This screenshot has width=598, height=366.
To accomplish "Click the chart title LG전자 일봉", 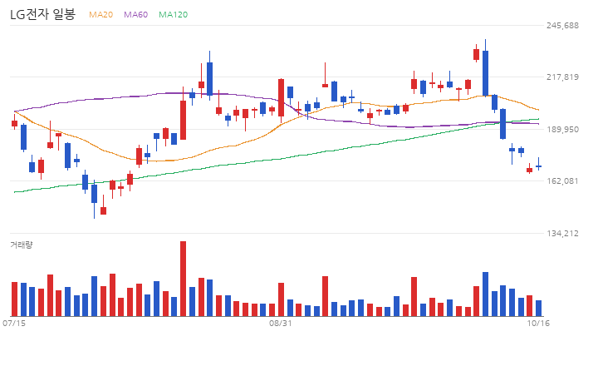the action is click(x=42, y=14).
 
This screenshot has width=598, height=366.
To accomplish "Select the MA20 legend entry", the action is click(x=101, y=14).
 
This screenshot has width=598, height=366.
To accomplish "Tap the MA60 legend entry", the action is click(x=135, y=14).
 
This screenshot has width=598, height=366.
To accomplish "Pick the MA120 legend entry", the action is click(x=173, y=14).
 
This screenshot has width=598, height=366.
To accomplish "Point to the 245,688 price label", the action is click(x=562, y=26).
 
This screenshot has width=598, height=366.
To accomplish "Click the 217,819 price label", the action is click(x=562, y=77).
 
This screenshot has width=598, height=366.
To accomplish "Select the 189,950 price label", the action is click(x=562, y=130).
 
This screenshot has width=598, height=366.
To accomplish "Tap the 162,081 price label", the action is click(x=562, y=181).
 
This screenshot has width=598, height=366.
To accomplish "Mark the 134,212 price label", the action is click(x=562, y=233).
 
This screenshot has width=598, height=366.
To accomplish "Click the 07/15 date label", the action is click(x=14, y=324).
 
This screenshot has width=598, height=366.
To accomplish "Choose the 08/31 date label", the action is click(x=281, y=324).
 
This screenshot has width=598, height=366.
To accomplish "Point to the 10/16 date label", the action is click(x=538, y=324).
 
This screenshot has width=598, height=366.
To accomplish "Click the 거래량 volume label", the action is click(x=22, y=245).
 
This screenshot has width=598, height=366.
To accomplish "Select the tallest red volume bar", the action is click(x=183, y=279).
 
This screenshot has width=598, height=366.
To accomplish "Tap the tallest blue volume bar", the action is click(x=486, y=294).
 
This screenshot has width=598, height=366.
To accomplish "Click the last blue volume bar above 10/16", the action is click(x=538, y=309).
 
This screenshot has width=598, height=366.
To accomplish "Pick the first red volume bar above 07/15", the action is click(x=14, y=299).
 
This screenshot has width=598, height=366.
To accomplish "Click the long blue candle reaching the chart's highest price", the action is click(x=486, y=72).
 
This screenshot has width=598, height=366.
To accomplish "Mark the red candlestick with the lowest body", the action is click(x=103, y=210).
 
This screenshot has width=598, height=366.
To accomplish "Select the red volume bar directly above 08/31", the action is click(x=281, y=299).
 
